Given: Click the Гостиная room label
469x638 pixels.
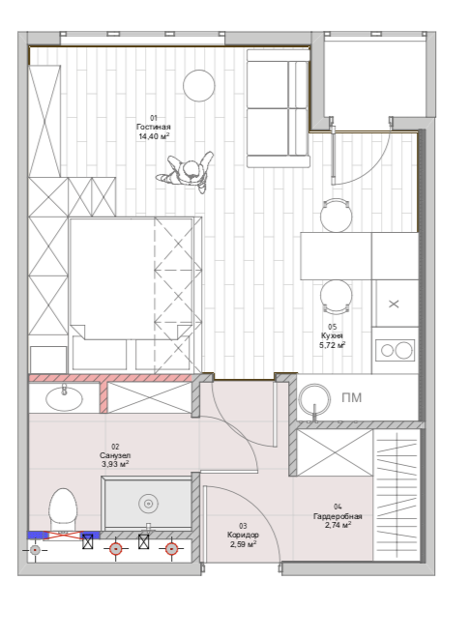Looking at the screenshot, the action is [154, 127].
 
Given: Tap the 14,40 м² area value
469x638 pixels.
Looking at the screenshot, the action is [154, 136].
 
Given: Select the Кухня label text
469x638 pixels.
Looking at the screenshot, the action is [333, 336].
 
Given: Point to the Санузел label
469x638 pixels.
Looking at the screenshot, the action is [115, 455].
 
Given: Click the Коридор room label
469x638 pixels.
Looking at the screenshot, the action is [243, 536].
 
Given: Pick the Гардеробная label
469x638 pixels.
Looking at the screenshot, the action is [337, 516].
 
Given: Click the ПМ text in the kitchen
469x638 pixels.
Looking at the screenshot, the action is [351, 397].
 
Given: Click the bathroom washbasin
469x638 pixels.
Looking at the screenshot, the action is [65, 398].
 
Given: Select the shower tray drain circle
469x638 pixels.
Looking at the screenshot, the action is [148, 505].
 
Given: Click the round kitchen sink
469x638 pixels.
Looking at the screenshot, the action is [314, 399].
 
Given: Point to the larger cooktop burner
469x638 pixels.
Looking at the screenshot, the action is [404, 350].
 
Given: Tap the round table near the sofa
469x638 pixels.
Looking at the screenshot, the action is [198, 85].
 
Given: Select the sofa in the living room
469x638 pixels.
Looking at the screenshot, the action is [278, 108].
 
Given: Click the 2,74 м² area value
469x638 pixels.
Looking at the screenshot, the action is [337, 525].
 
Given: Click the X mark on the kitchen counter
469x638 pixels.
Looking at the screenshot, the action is [394, 304].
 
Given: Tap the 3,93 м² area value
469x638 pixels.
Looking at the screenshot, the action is [115, 464].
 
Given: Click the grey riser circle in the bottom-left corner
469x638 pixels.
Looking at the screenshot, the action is [35, 550].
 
